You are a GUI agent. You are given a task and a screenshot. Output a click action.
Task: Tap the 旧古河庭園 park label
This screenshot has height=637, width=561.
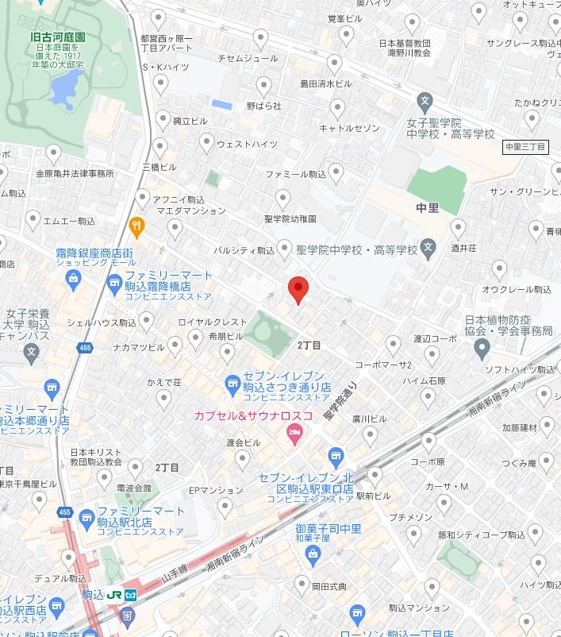[x=58, y=37]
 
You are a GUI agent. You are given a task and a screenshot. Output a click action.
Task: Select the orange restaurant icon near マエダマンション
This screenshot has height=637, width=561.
[x=136, y=226]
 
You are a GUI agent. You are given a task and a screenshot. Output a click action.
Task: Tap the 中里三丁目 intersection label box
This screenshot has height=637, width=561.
[x=526, y=147]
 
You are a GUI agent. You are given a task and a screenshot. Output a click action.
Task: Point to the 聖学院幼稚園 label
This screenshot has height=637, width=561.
[x=290, y=218]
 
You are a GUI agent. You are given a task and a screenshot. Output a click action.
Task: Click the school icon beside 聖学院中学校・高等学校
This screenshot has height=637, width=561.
[x=428, y=248]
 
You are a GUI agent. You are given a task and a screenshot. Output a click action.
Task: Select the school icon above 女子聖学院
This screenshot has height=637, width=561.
[x=425, y=102]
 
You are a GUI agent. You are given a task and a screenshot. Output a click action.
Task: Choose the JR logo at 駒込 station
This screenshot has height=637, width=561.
[x=114, y=594]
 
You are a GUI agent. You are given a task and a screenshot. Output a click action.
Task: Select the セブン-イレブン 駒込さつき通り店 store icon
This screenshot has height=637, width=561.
[x=232, y=386]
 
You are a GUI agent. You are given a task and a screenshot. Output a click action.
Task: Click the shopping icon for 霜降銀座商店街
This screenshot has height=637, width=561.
[x=74, y=278]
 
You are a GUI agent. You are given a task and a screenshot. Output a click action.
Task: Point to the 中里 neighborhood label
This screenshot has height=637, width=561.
[x=427, y=208]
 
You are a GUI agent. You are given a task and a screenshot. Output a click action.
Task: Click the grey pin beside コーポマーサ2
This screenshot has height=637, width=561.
[x=393, y=345]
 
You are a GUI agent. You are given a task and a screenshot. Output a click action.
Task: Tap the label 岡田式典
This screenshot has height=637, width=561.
[x=329, y=588]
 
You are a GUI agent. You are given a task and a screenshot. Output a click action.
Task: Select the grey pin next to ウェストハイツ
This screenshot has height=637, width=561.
[x=207, y=143]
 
